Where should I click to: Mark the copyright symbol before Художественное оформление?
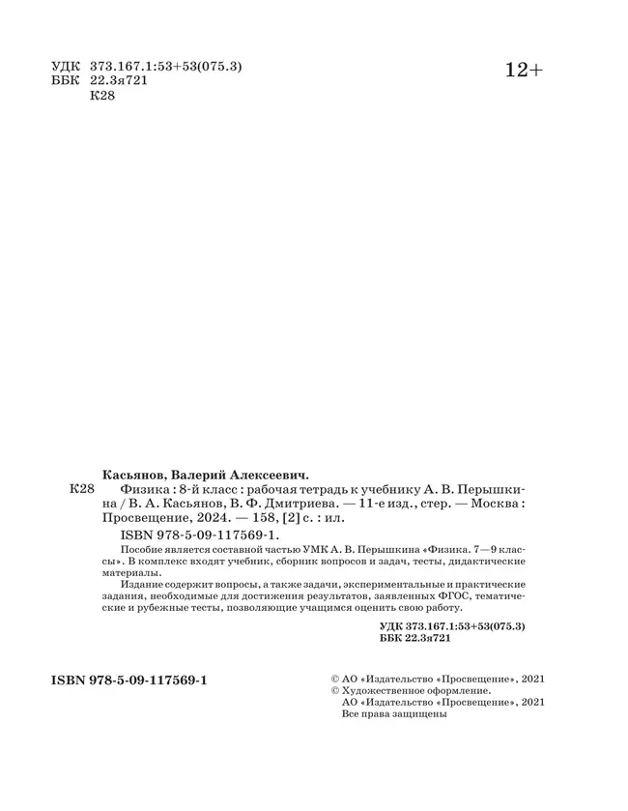(x=335, y=691)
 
